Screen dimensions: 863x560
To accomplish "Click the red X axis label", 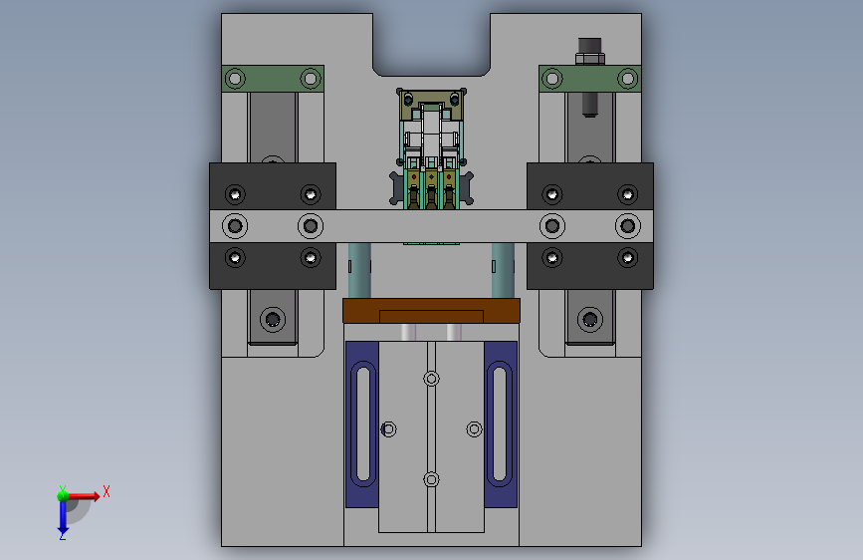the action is click(x=107, y=491).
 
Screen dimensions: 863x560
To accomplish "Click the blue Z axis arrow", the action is click(x=63, y=516).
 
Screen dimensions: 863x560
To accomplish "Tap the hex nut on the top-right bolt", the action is click(x=590, y=58).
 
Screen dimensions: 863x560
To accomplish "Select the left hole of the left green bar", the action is click(x=235, y=79).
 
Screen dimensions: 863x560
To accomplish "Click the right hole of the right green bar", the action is click(x=627, y=79).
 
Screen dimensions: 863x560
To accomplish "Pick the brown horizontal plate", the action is click(x=432, y=311).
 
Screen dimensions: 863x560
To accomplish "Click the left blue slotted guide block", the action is click(x=362, y=423).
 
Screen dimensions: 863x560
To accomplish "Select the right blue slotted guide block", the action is click(x=501, y=423).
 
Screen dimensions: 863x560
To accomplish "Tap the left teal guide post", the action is click(x=359, y=270).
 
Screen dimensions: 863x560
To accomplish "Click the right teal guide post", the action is click(x=503, y=270).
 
